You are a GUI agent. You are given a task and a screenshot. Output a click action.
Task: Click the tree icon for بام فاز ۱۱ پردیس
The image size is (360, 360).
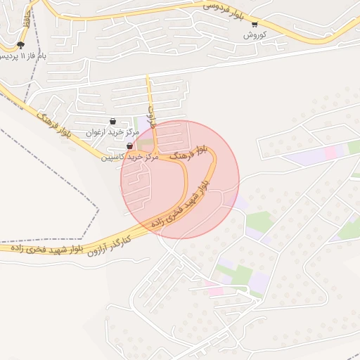[20, 45]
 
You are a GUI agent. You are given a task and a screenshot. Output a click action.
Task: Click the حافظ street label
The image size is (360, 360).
[27, 18]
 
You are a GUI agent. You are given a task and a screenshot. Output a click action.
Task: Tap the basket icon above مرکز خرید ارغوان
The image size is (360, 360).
[112, 122]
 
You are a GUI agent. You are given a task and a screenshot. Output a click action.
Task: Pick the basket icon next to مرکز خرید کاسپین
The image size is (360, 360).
[129, 146]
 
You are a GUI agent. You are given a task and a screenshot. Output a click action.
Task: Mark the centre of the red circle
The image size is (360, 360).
[180, 180]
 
